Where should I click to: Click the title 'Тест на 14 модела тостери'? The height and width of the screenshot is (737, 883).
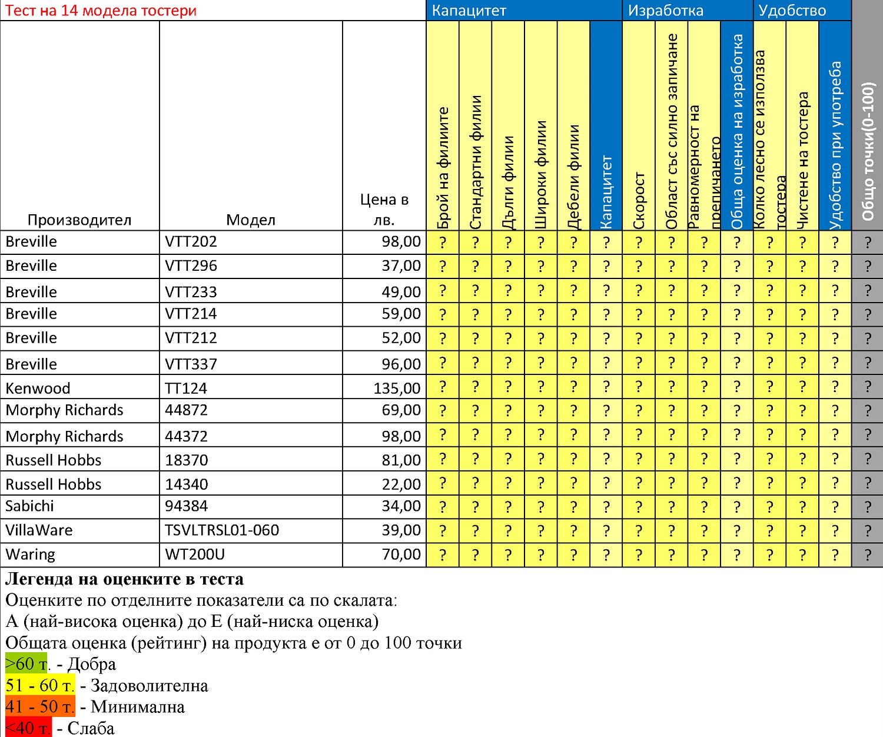coord(101,11)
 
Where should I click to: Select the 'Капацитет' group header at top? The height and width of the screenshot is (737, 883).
coord(469,11)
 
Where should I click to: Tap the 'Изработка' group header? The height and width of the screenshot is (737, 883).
coord(665,11)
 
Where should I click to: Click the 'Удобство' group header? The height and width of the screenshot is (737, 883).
coord(792,11)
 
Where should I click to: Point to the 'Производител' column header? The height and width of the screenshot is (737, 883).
coord(79,220)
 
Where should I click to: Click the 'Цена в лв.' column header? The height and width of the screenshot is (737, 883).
coord(384,210)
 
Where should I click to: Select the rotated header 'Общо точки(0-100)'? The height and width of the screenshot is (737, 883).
coord(868,151)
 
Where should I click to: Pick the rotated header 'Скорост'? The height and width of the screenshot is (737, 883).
coord(639,200)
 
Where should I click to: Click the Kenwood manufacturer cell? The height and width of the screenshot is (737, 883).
coord(38,389)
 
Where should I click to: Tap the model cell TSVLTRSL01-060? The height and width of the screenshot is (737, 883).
coord(222,530)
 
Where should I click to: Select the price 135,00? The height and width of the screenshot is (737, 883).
coord(397,389)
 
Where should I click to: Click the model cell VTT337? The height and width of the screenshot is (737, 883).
coord(191,364)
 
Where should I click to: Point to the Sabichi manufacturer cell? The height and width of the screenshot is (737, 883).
coord(29,506)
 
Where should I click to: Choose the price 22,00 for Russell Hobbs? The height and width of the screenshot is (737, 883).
coord(401,484)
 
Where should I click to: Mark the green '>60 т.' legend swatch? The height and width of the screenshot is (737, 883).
coord(26,664)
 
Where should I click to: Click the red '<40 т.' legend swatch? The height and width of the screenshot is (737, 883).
coord(28,728)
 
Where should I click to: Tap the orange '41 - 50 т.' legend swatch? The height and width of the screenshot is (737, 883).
coord(40,706)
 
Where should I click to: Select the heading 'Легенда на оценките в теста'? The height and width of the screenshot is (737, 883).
coord(124,579)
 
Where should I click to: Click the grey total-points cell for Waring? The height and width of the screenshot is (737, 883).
coord(868,555)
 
